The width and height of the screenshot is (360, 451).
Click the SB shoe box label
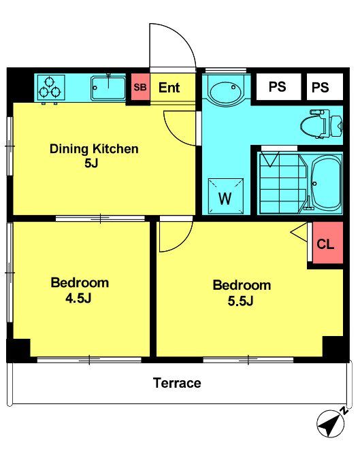click(140, 87)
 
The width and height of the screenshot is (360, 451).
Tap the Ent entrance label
click(169, 88)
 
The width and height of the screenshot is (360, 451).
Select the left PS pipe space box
click(278, 86)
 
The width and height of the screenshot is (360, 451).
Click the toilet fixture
click(322, 124)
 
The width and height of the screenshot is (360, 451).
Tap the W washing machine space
click(226, 196)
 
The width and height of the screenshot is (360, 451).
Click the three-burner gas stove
click(50, 88)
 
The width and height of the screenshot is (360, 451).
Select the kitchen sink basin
click(108, 88)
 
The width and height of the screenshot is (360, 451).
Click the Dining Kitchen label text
click(94, 149)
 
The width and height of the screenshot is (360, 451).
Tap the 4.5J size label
click(78, 298)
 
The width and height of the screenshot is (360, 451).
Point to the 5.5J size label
click(241, 301)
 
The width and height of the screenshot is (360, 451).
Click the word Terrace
click(177, 383)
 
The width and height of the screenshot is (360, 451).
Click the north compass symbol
click(331, 422)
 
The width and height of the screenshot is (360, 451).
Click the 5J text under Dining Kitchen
click(91, 163)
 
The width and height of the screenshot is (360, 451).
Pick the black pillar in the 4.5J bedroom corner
click(18, 350)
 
